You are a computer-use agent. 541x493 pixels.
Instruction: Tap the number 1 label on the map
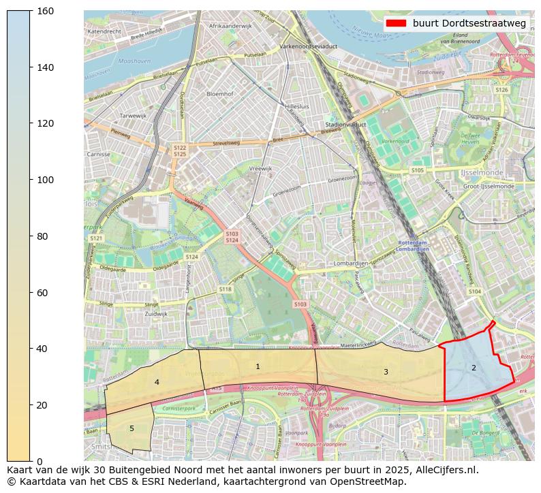point(258,367)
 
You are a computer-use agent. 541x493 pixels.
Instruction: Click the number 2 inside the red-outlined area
point(474,368)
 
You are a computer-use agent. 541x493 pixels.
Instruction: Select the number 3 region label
point(386,372)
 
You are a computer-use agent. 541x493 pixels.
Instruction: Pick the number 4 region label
point(157,383)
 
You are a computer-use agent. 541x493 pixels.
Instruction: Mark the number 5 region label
point(132,428)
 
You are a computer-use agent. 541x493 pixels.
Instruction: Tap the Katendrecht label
point(105,31)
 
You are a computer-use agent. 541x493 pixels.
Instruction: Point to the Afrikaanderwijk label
point(230,26)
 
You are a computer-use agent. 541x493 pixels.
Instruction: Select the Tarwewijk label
point(133,116)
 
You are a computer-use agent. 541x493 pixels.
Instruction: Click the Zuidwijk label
point(156,314)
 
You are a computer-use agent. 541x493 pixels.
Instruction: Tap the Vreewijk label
point(260,168)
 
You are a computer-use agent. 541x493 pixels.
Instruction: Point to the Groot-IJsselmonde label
point(489,186)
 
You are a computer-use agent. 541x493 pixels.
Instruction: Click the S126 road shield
point(501,90)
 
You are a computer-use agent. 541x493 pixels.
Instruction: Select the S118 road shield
point(225,289)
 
